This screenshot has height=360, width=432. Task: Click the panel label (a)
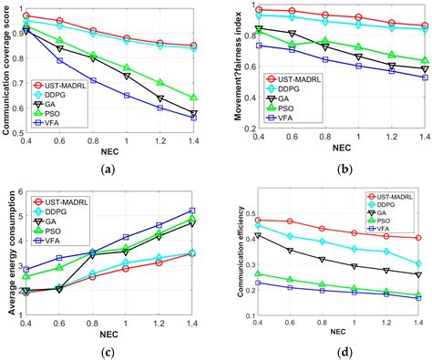(x=114, y=168)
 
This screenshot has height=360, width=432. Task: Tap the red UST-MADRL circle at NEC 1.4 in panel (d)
(x=418, y=238)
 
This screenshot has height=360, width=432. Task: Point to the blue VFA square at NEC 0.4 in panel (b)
(x=260, y=45)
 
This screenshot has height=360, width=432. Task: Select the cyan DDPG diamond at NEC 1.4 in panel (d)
(x=418, y=263)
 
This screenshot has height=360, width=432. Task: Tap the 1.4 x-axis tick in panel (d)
(x=417, y=323)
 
